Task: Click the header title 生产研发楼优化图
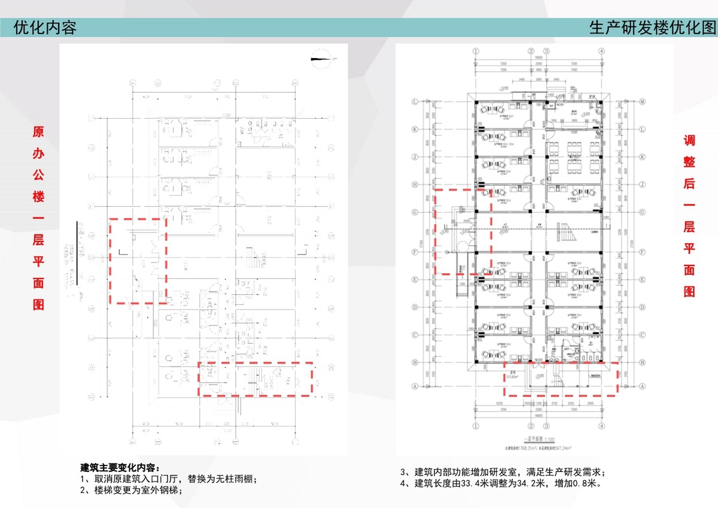point(652,28)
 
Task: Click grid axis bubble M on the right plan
point(641,101)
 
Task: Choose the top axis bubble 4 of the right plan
point(603,52)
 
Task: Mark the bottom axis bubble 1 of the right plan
point(476,427)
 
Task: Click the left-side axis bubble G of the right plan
point(413,212)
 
